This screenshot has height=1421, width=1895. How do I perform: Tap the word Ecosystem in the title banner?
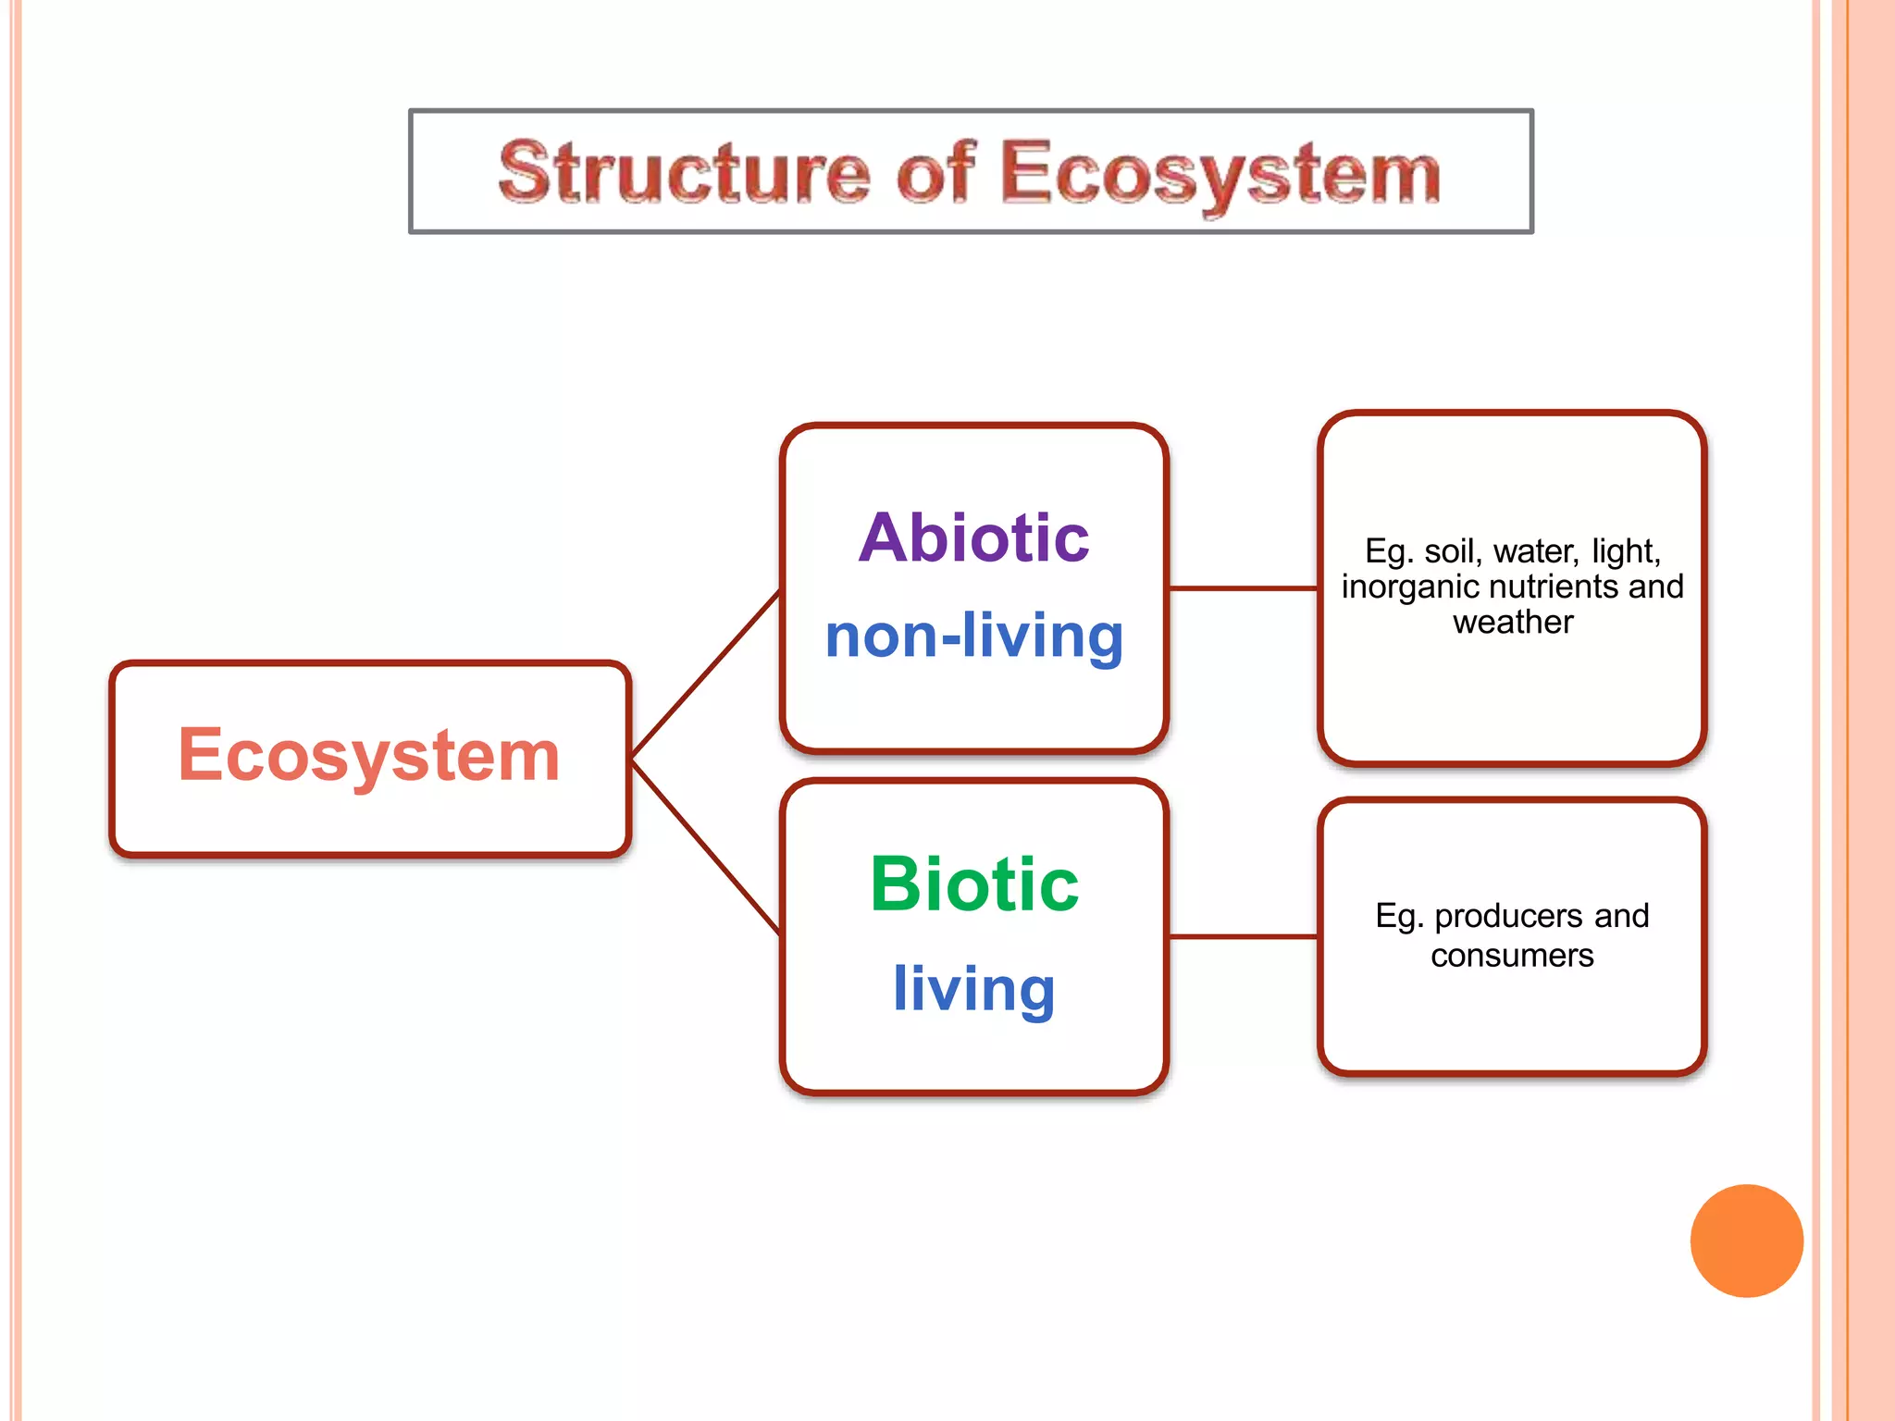(x=1220, y=174)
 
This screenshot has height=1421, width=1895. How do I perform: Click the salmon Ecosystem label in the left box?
(x=368, y=756)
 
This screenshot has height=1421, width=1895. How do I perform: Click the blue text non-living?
(x=973, y=636)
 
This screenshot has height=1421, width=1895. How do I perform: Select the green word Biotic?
(x=973, y=884)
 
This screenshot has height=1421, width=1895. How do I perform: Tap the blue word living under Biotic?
(x=973, y=988)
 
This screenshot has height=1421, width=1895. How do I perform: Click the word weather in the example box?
(x=1512, y=623)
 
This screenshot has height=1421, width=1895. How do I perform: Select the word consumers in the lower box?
(x=1512, y=956)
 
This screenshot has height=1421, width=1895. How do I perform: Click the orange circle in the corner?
(x=1746, y=1241)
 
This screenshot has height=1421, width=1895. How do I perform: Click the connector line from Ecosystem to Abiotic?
(x=705, y=675)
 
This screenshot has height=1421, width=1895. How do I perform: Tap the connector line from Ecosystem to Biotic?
(x=705, y=846)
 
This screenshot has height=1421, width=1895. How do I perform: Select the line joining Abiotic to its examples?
(x=1243, y=587)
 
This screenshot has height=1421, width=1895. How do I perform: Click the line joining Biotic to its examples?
(x=1243, y=937)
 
